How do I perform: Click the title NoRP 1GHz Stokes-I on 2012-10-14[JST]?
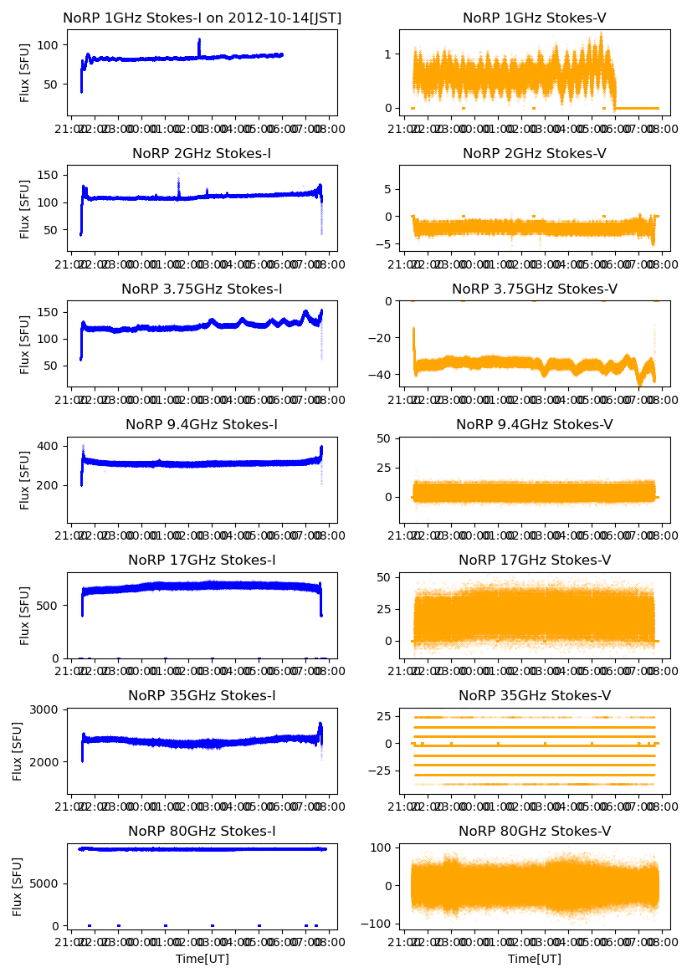click(x=202, y=18)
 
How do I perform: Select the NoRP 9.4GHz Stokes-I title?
click(x=202, y=425)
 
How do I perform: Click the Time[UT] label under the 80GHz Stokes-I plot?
click(x=202, y=959)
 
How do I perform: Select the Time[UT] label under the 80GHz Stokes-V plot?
click(x=535, y=959)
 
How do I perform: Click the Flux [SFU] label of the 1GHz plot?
click(x=25, y=73)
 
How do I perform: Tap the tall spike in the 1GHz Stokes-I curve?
click(x=199, y=41)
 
